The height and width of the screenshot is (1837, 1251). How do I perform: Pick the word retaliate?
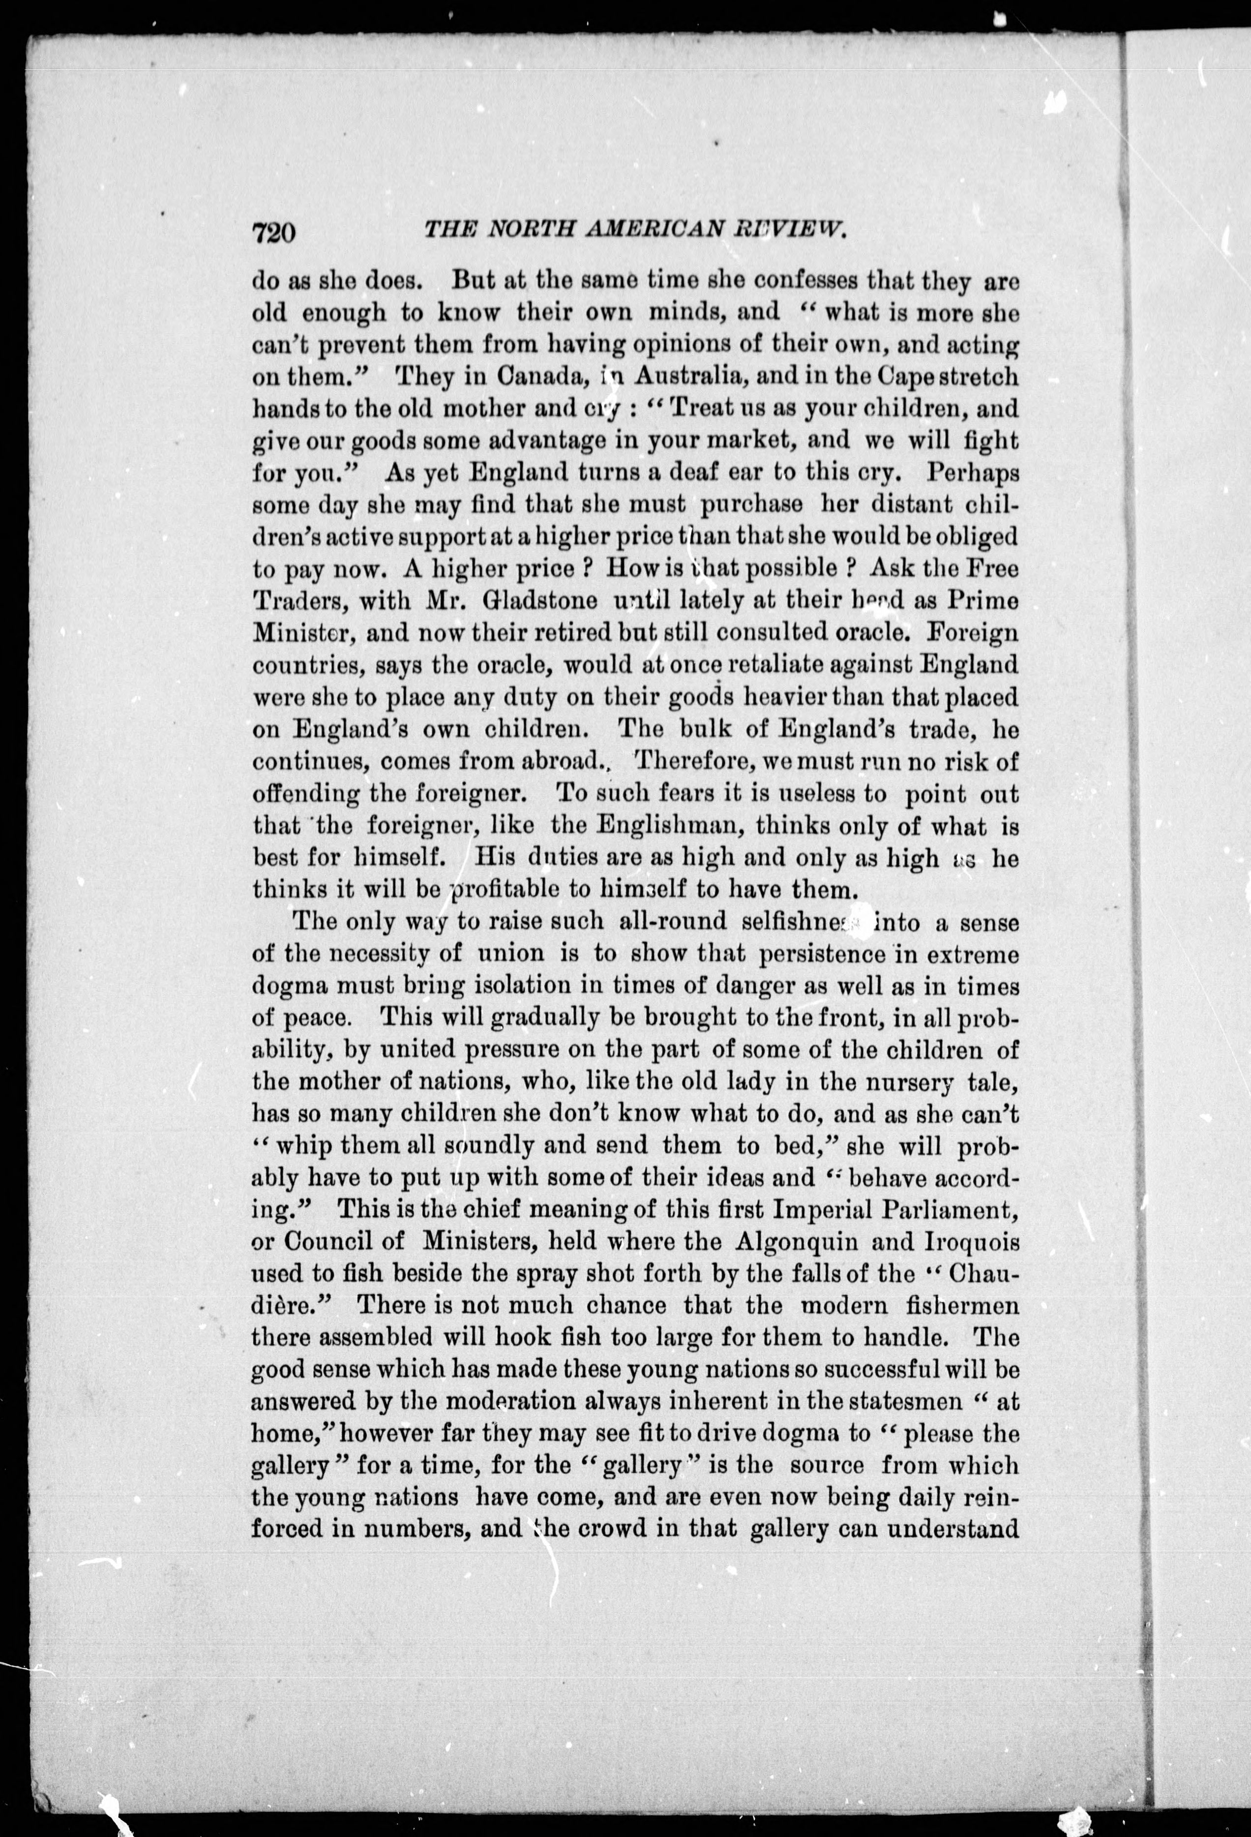coord(745,666)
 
